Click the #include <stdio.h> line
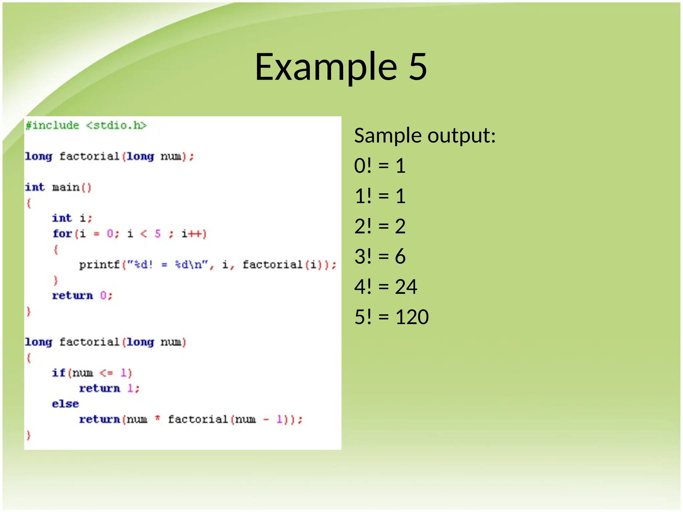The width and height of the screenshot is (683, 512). (x=86, y=125)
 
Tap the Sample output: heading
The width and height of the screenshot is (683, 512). (x=425, y=136)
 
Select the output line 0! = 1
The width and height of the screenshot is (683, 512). (x=380, y=166)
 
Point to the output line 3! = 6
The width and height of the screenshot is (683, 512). (x=380, y=256)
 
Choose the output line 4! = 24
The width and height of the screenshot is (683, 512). (x=386, y=287)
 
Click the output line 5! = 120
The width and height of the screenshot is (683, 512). (x=391, y=317)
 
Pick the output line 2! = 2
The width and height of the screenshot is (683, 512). (x=380, y=226)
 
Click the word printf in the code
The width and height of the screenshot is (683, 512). (x=99, y=265)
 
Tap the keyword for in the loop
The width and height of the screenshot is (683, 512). (x=62, y=234)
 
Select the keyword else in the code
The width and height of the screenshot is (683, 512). (x=65, y=404)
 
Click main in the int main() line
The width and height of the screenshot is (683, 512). (x=66, y=187)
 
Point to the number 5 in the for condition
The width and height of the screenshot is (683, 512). (x=158, y=234)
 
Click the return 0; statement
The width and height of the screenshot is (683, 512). (x=82, y=296)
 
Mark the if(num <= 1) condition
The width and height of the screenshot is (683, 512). (x=92, y=373)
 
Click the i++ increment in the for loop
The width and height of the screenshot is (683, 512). (x=194, y=234)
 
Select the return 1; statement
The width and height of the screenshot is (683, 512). (x=109, y=389)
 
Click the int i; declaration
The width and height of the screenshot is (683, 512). (x=72, y=218)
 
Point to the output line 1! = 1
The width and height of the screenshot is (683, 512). (x=380, y=196)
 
